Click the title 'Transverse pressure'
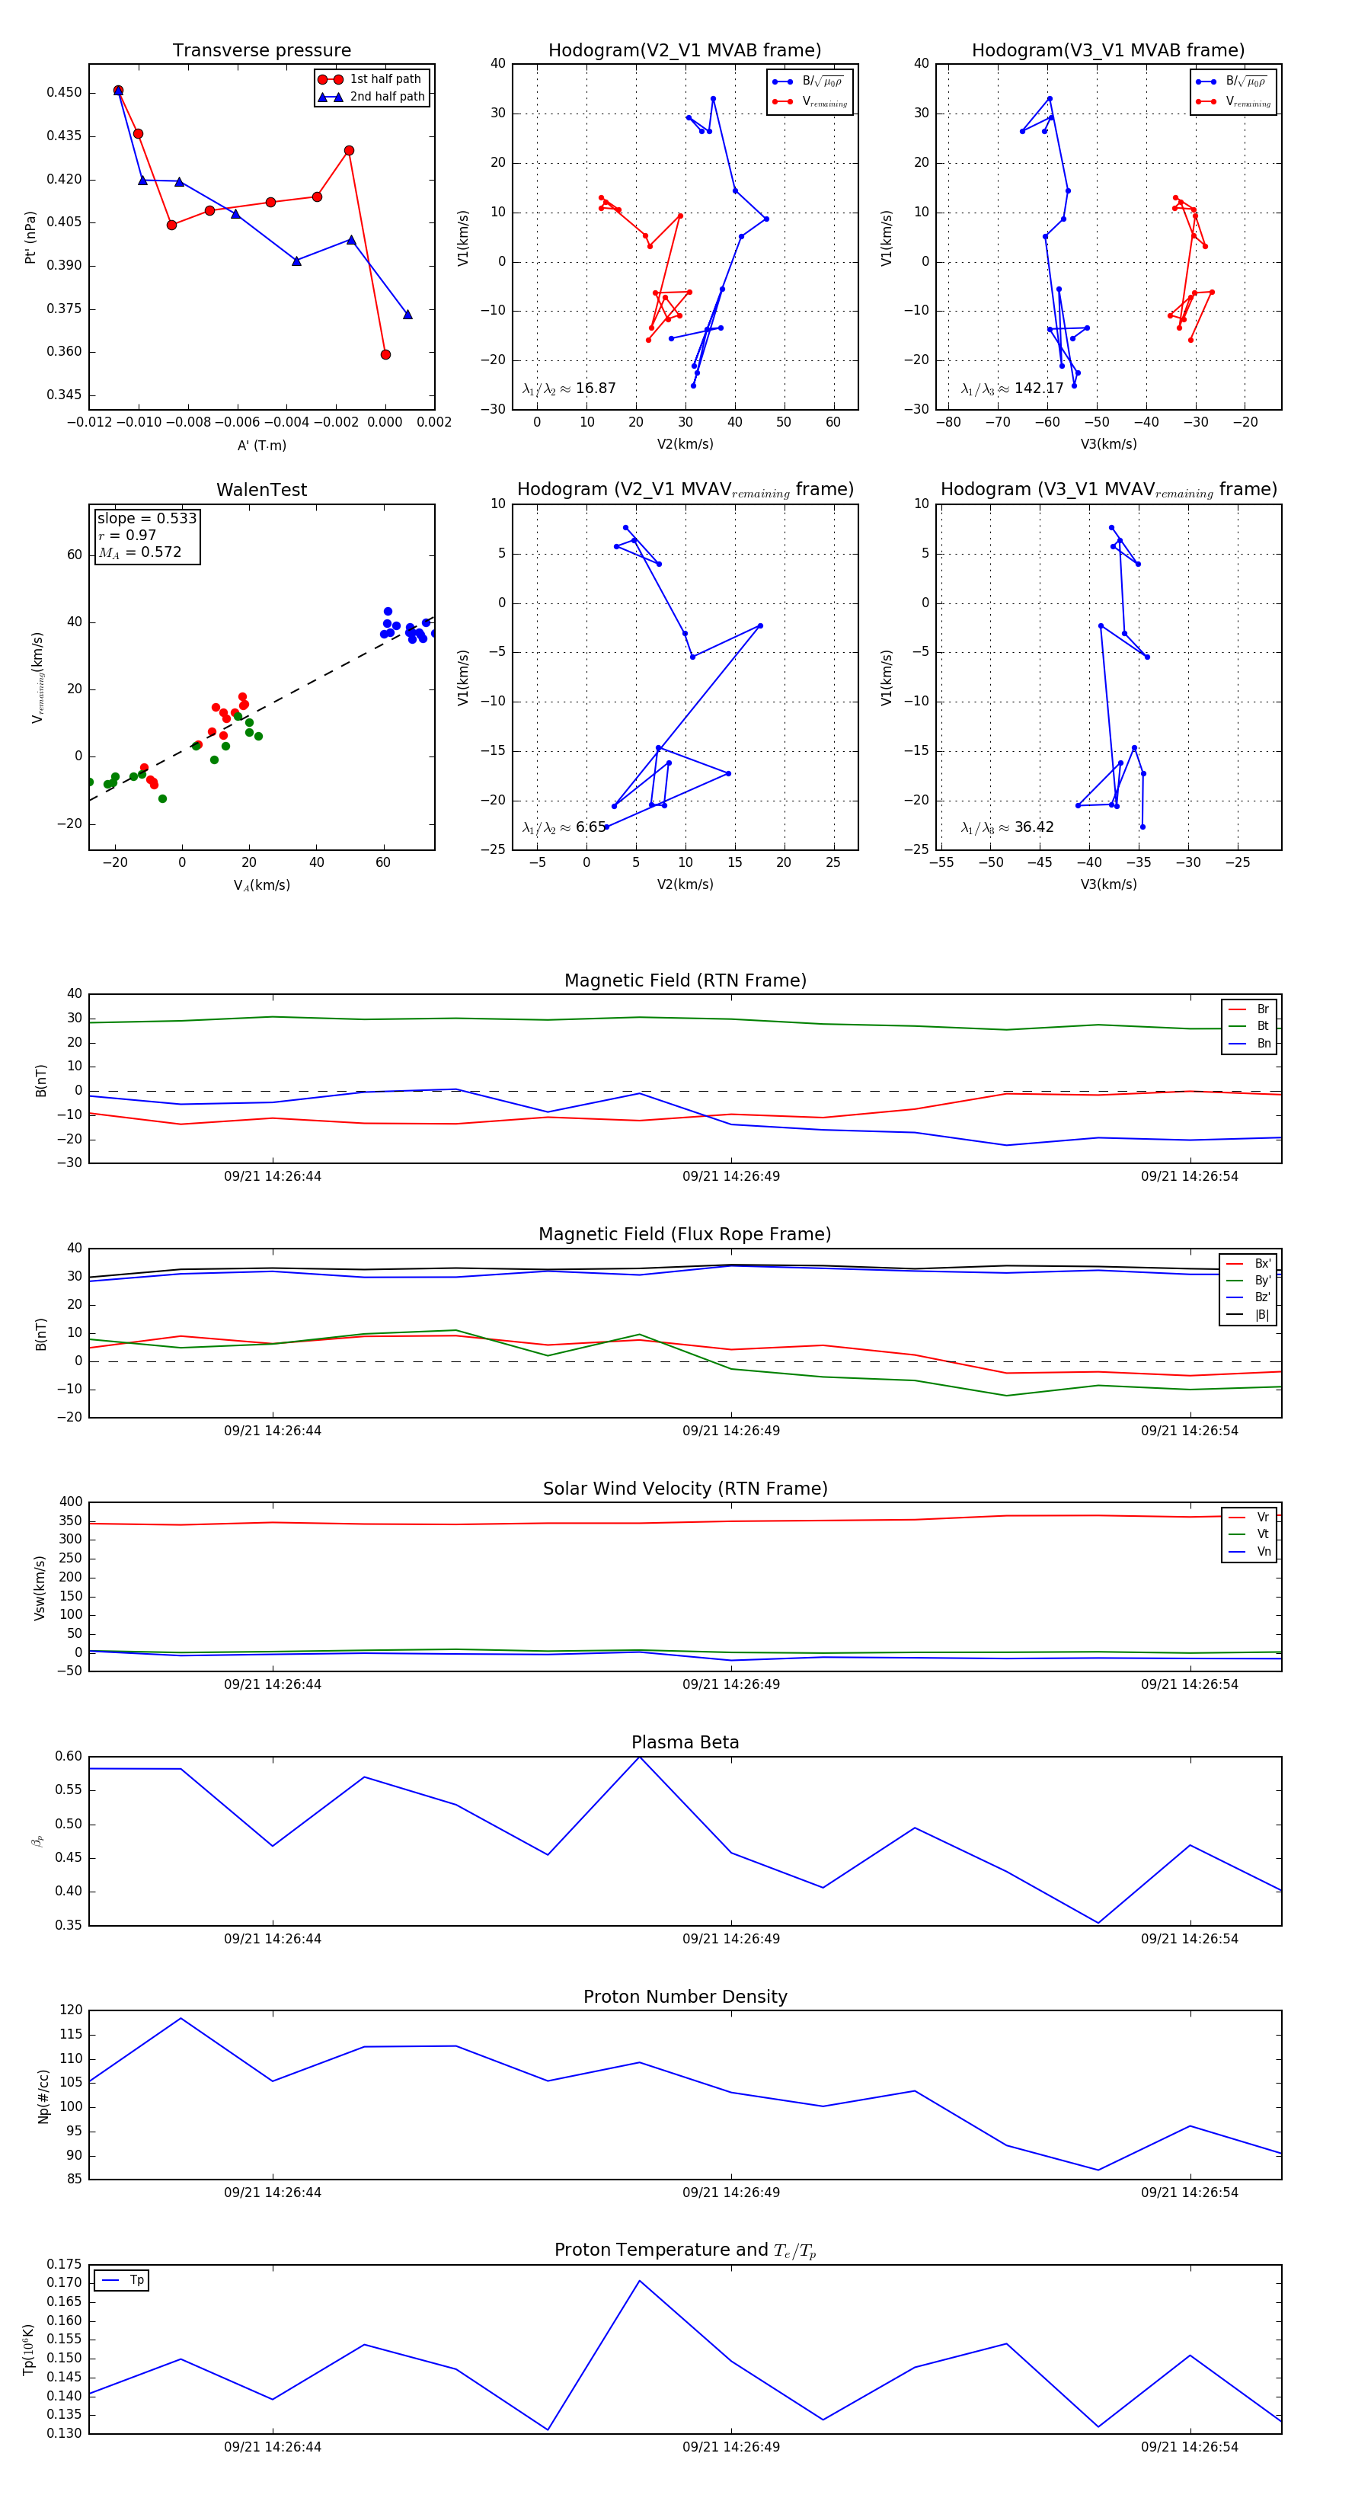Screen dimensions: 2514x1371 tap(261, 51)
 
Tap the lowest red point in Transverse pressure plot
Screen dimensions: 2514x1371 tap(385, 354)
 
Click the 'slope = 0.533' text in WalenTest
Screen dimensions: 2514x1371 tap(146, 518)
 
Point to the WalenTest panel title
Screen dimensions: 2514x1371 tap(261, 490)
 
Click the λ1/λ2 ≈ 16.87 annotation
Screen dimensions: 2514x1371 tap(569, 389)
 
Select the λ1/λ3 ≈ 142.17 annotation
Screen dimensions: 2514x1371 tap(1012, 389)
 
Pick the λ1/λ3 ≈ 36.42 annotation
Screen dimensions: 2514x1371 tap(1007, 827)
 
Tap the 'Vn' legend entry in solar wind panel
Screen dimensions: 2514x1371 tap(1263, 1552)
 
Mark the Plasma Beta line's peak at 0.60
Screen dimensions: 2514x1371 tap(639, 1757)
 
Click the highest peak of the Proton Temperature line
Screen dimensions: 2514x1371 tap(639, 2281)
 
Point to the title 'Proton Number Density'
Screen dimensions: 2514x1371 tap(685, 1997)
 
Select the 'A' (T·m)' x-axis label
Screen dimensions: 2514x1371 tap(261, 445)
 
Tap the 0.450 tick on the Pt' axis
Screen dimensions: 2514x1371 tap(65, 93)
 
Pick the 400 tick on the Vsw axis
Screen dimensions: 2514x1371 tap(70, 1502)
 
